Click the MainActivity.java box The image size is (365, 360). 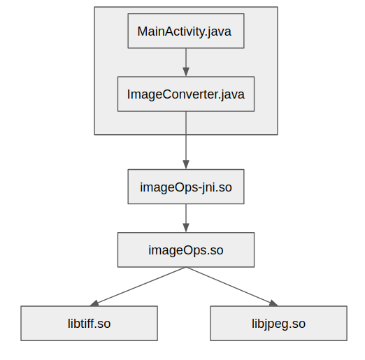click(x=185, y=31)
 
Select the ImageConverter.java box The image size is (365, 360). click(x=185, y=94)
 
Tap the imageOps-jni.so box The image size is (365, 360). click(x=185, y=187)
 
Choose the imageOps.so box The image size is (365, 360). click(x=185, y=250)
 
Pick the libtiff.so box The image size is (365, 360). click(x=89, y=324)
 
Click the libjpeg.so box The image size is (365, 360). click(x=278, y=324)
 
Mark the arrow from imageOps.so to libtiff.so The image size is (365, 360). click(x=140, y=285)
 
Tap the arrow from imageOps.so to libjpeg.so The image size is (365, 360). click(x=231, y=285)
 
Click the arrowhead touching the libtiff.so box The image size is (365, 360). click(x=95, y=303)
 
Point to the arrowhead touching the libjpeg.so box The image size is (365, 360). click(x=273, y=303)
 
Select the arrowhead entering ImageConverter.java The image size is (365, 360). click(x=185, y=72)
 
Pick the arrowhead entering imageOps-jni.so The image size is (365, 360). click(x=185, y=165)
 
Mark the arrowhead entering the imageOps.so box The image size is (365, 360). click(x=185, y=228)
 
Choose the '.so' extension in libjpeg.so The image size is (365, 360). click(x=296, y=324)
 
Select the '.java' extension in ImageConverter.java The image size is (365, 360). click(x=232, y=94)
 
